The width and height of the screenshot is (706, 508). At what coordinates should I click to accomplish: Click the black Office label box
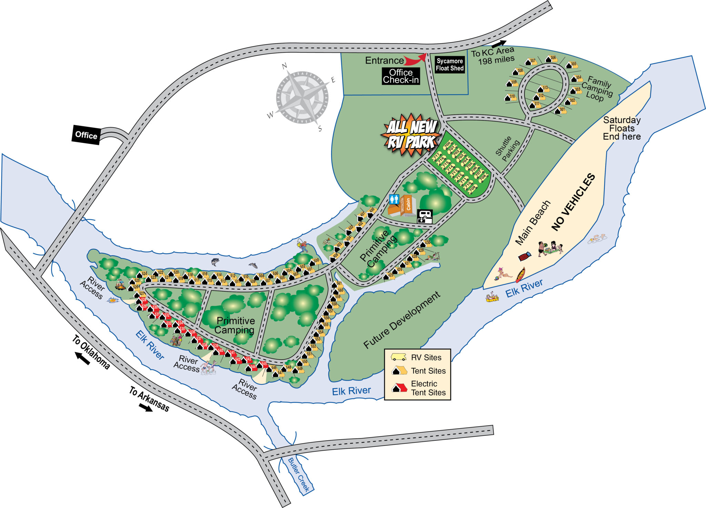click(86, 135)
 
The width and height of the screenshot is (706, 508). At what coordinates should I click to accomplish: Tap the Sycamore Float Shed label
click(450, 65)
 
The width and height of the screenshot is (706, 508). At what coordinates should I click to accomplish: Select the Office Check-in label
click(401, 76)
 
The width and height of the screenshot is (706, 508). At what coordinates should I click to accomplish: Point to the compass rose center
click(302, 97)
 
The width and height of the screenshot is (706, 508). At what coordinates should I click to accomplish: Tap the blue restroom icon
click(394, 199)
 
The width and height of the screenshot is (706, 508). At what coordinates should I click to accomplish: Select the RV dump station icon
click(425, 216)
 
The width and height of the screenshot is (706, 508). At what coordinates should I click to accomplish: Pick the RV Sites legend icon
click(398, 357)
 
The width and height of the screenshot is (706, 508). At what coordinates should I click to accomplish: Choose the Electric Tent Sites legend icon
click(399, 388)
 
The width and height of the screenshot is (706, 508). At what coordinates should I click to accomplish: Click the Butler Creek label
click(299, 475)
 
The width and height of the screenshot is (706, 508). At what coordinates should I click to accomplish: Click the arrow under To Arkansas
click(145, 408)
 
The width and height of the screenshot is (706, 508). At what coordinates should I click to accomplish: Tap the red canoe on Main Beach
click(520, 275)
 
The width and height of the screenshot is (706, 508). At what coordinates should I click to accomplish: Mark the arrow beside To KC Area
click(499, 44)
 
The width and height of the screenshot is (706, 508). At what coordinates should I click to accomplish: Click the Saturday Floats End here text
click(622, 128)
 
